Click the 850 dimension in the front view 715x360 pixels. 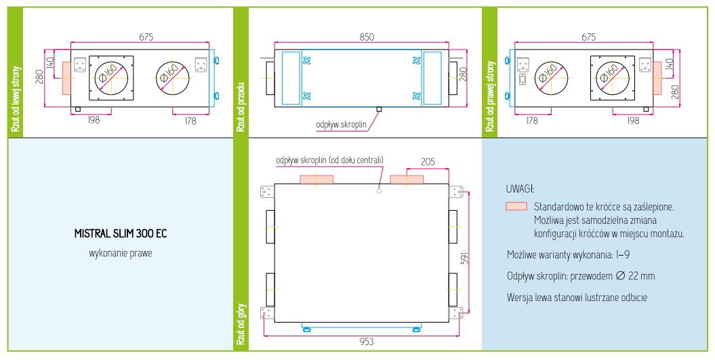[367, 37]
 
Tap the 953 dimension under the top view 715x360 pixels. [366, 342]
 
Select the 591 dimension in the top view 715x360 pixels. [465, 258]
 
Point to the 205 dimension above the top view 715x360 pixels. [428, 162]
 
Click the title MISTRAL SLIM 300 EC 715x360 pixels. [121, 234]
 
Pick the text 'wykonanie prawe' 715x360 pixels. [121, 253]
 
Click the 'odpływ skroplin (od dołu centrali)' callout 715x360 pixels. [329, 160]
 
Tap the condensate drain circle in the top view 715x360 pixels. [379, 191]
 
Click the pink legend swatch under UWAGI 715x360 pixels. [516, 206]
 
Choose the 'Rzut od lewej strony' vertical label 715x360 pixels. [16, 99]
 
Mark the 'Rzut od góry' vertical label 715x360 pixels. [241, 325]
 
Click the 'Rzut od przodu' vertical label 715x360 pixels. [241, 107]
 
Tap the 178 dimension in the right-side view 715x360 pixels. [532, 121]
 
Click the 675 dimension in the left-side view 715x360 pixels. [146, 37]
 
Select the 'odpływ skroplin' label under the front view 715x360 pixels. [341, 125]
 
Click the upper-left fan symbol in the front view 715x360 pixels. [307, 60]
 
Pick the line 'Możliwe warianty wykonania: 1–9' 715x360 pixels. [568, 255]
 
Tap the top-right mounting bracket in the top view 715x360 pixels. [456, 192]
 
